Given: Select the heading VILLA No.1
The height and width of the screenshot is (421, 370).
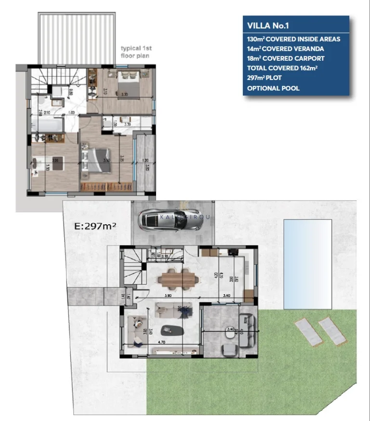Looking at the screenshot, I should coord(269,26).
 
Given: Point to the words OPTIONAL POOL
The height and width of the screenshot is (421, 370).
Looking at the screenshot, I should coord(273,88).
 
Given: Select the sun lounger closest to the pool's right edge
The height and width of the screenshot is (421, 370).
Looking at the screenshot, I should coord(332,331).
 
